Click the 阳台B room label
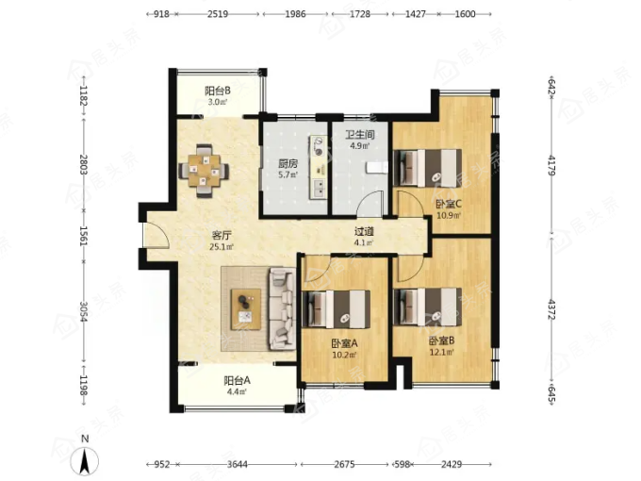click(218, 91)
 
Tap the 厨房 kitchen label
click(288, 164)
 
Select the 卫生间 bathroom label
click(360, 135)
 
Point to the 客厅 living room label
click(222, 236)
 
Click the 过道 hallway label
click(364, 232)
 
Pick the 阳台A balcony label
click(238, 381)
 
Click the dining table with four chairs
click(204, 170)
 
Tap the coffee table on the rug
click(246, 309)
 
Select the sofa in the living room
click(282, 308)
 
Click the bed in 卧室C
click(427, 168)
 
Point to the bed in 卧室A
click(336, 309)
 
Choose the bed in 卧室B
click(427, 307)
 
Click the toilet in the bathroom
click(376, 168)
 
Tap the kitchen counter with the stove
click(319, 168)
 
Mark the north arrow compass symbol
click(85, 457)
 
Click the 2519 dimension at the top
click(218, 14)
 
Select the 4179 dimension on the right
click(551, 166)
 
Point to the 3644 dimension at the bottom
click(238, 464)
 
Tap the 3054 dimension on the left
click(83, 311)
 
